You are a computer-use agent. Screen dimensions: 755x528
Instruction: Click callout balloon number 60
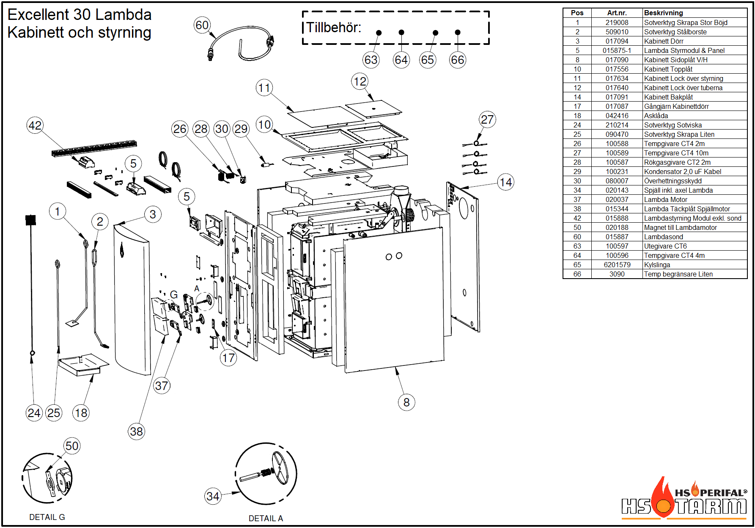tap(202, 25)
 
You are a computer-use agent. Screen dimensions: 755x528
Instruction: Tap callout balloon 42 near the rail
tap(35, 125)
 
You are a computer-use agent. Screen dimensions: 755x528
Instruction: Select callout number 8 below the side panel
tap(406, 402)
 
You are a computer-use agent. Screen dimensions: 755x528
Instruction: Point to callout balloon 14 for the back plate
tap(505, 182)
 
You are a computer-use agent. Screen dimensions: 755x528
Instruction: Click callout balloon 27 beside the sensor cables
tap(487, 119)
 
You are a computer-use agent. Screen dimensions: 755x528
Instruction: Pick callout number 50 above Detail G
tap(72, 446)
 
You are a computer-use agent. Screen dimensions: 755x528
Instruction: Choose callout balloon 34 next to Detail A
tap(213, 496)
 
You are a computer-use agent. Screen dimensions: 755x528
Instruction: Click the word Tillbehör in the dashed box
tap(333, 28)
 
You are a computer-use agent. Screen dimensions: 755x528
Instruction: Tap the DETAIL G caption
tap(47, 517)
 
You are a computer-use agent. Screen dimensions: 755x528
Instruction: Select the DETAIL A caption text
tap(266, 518)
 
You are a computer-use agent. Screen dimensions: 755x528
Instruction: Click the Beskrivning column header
tap(663, 13)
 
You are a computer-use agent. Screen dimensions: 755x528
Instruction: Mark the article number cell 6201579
tap(617, 265)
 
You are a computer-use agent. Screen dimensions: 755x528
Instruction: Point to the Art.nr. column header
tap(617, 13)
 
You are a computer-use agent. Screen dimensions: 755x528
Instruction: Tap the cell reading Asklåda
tap(656, 116)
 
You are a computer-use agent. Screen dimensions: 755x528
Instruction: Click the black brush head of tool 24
tap(30, 220)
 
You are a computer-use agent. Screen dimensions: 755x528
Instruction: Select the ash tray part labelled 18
tap(83, 364)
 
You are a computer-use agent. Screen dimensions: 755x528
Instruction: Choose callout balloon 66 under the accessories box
tap(457, 60)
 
